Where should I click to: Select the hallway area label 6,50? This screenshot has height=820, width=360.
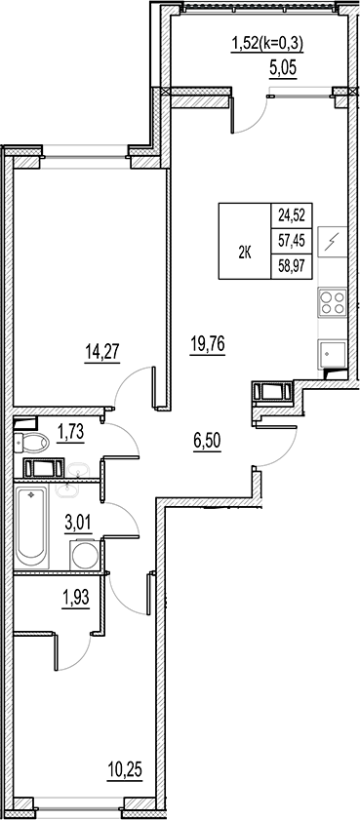(207, 440)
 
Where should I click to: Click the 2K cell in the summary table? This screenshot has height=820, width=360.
(244, 251)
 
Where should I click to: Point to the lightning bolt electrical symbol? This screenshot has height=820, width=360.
(333, 242)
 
